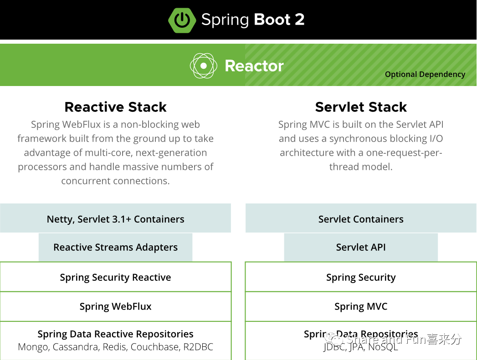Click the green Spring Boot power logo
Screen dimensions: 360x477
182,20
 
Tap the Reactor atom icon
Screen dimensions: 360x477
203,66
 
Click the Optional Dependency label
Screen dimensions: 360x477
425,74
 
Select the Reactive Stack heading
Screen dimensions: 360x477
115,107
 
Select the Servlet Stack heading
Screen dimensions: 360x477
361,107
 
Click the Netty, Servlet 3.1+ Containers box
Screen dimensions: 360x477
115,219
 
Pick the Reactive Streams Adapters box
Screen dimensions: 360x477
115,247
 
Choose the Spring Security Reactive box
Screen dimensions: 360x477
115,277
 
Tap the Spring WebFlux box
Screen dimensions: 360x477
115,306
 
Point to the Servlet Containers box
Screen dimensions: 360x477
361,219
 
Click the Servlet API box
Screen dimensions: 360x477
361,247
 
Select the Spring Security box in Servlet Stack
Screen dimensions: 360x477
361,277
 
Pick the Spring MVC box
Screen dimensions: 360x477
361,306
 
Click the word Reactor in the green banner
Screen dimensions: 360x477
254,66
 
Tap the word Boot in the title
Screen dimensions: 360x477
272,20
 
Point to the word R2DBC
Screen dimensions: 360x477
198,347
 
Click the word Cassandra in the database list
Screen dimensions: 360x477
76,347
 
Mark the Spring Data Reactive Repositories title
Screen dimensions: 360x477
115,334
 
